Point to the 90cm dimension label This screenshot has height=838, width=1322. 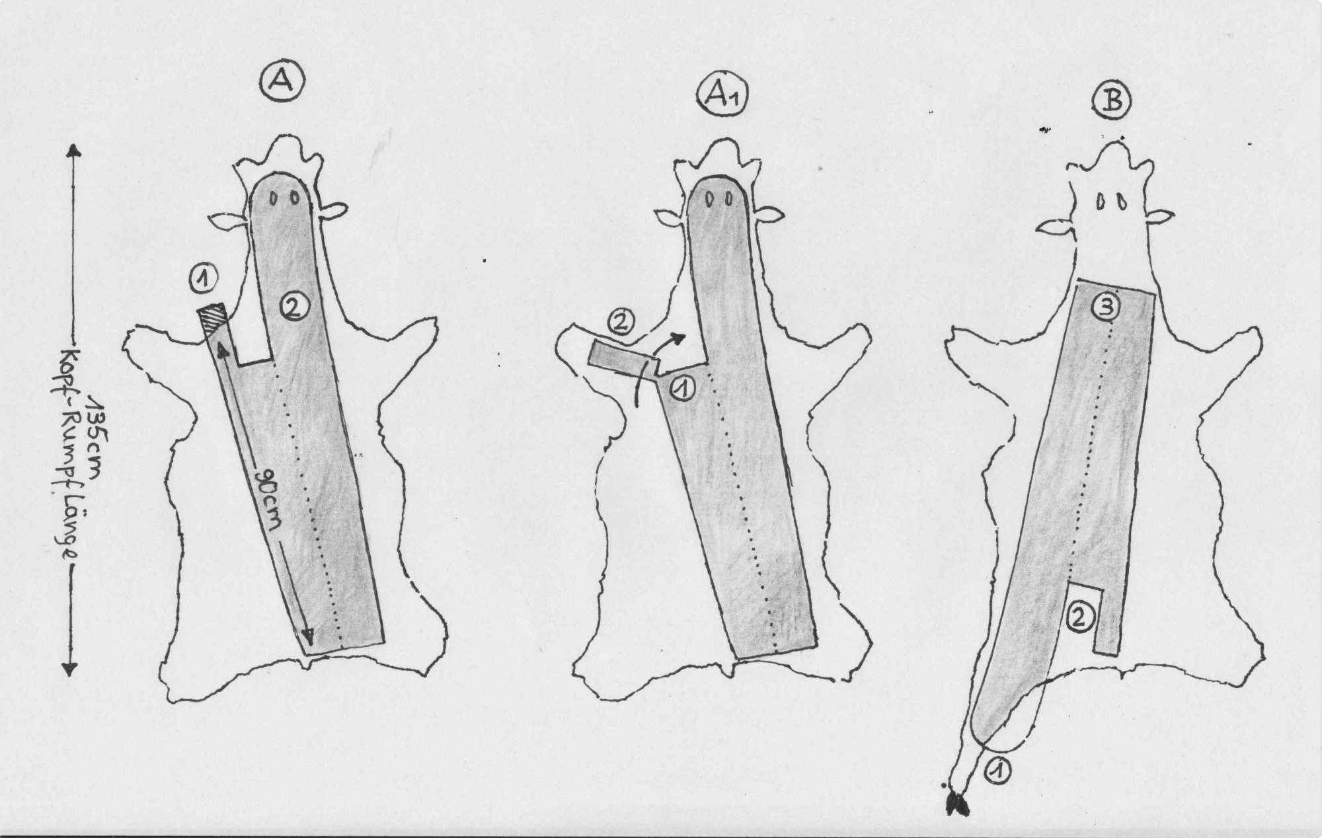pyautogui.click(x=270, y=495)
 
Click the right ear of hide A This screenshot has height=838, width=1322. pyautogui.click(x=332, y=211)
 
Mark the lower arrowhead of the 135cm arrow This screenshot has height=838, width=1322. pyautogui.click(x=71, y=668)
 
